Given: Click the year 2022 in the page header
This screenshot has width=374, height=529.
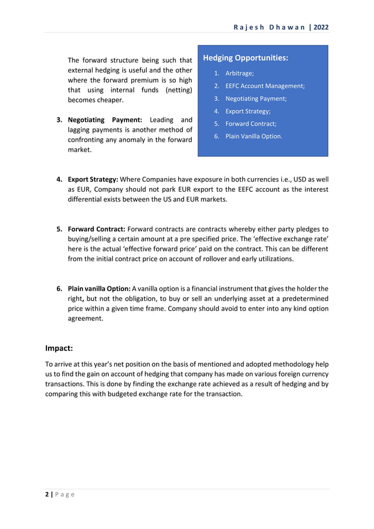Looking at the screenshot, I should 321,27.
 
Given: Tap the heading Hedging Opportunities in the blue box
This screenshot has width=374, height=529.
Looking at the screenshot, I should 245,58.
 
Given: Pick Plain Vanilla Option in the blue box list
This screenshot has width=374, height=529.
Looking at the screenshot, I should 254,136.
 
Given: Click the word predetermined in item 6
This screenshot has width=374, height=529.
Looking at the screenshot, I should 302,299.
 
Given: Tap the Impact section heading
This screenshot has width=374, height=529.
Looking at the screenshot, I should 59,348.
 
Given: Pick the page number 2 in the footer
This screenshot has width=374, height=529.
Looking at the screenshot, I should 47,494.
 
